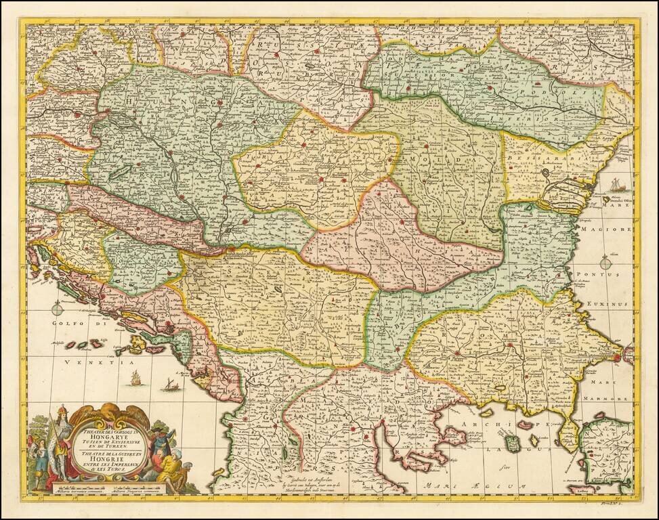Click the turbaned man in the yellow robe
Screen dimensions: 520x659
pos(173,467)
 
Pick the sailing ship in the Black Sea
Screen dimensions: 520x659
pos(617,184)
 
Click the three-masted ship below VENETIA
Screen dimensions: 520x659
pos(135,378)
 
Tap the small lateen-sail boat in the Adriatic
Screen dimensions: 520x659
pos(169,386)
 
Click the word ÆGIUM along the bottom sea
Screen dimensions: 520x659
pos(501,485)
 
